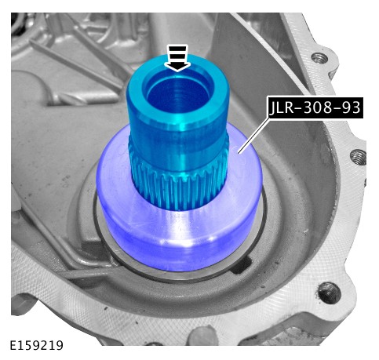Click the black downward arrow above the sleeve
[177, 58]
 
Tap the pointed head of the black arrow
[177, 67]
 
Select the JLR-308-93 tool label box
[315, 107]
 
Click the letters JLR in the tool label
[281, 107]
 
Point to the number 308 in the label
[317, 107]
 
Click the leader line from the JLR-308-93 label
[253, 136]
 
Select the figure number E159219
[37, 345]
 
